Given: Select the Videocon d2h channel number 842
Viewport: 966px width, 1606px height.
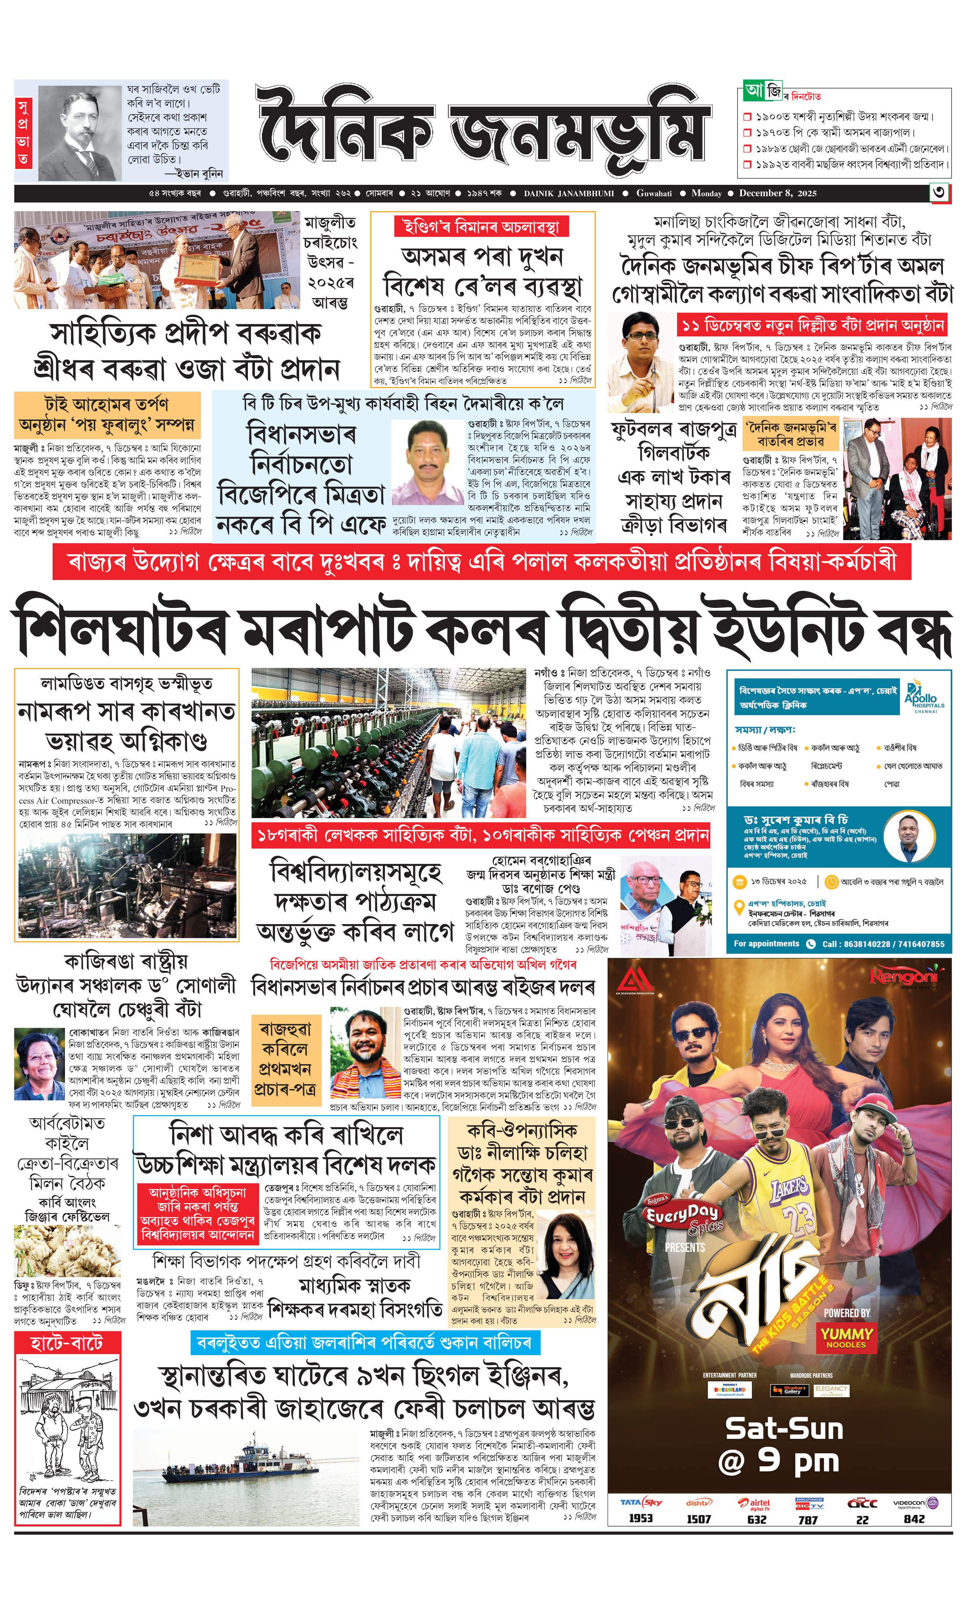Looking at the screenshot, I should click(x=914, y=1519).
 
